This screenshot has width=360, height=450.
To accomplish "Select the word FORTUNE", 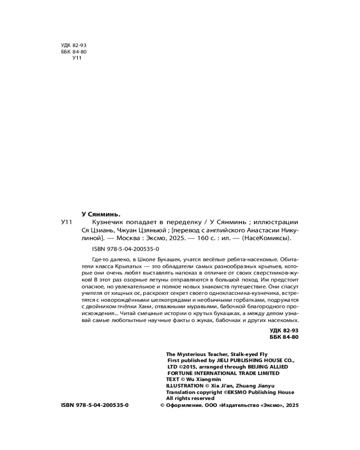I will click(x=183, y=373).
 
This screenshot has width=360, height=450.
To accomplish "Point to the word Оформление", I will click(x=184, y=405).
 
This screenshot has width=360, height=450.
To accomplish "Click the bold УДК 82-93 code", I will click(x=284, y=330).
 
